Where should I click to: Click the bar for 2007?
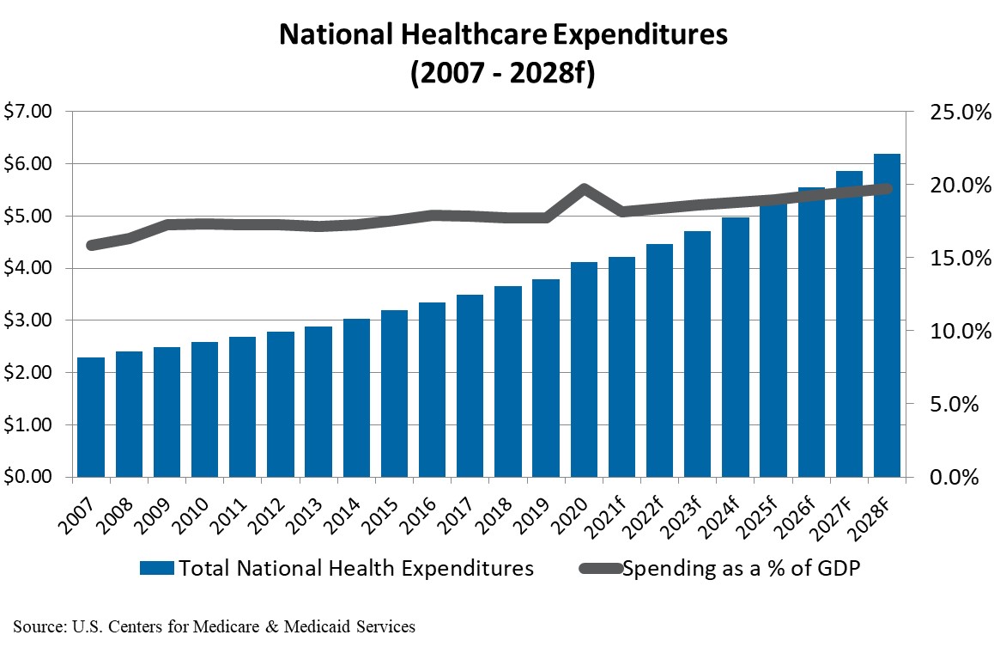pos(91,417)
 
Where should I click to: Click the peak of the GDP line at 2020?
pos(584,188)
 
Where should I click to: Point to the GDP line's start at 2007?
pos(91,245)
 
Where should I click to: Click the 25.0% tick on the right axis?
pos(949,112)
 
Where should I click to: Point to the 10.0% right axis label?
pos(949,331)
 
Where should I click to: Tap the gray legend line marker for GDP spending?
pos(597,569)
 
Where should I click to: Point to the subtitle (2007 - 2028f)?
pos(502,73)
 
